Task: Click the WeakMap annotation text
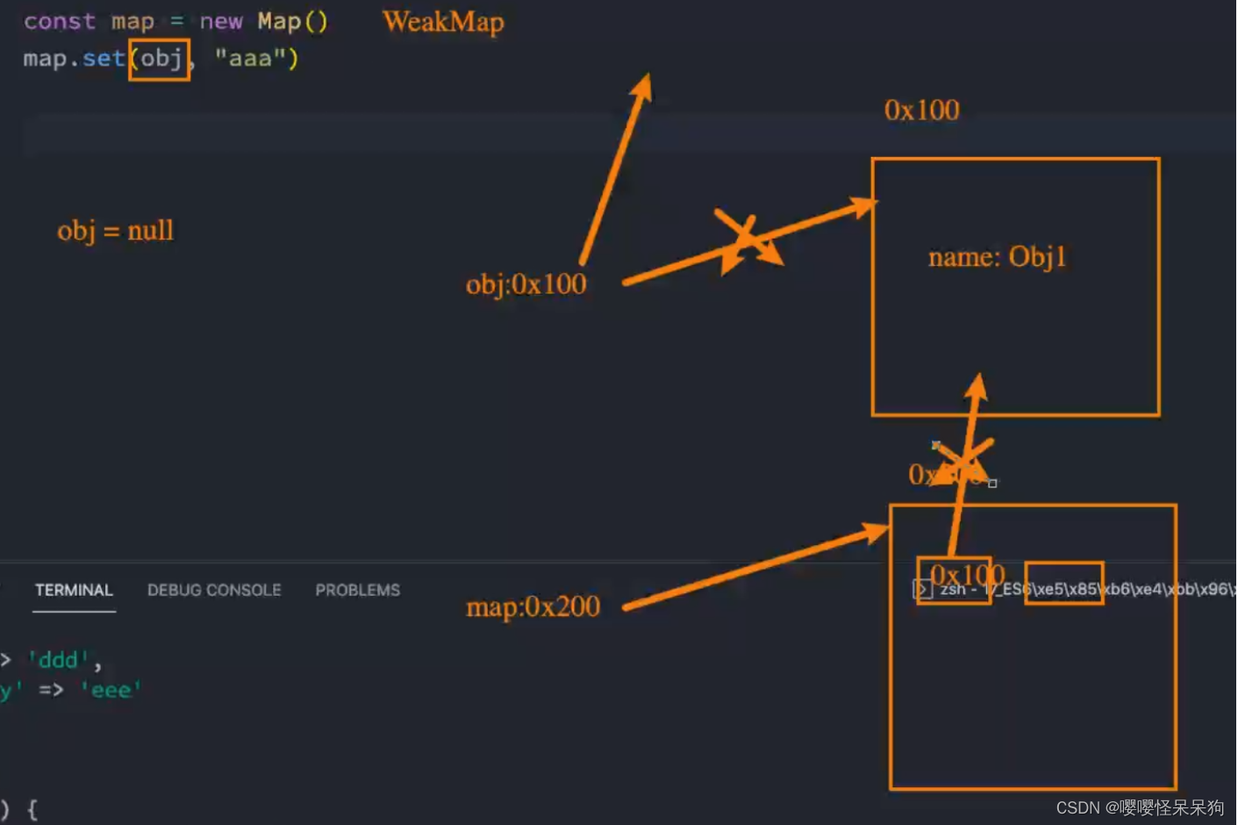tap(443, 22)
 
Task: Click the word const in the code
tap(59, 22)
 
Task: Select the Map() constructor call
tap(292, 22)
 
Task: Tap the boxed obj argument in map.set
tap(160, 60)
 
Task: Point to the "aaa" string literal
tap(250, 59)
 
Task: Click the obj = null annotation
tap(115, 231)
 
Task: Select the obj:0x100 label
tap(526, 284)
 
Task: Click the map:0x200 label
tap(533, 606)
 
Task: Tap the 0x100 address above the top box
tap(921, 111)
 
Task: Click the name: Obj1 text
tap(997, 257)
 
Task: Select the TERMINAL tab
tap(74, 590)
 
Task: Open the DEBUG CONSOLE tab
tap(214, 590)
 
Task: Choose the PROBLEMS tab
tap(357, 590)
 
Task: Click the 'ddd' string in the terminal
tap(59, 660)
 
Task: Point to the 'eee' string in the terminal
tap(111, 691)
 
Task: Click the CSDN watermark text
tap(1139, 807)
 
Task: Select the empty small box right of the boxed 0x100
tap(1063, 583)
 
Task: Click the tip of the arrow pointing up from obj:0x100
tap(646, 79)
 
